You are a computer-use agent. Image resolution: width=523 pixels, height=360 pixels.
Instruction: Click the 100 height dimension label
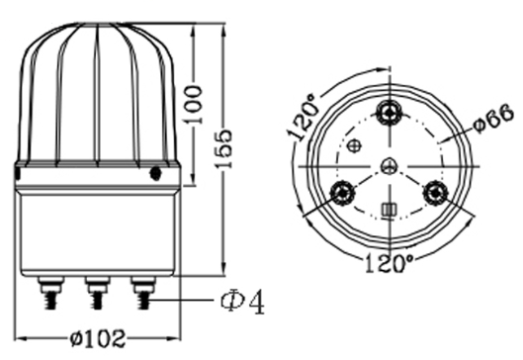coord(194,105)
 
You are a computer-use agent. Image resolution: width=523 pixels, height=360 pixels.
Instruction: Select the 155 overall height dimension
coord(223,148)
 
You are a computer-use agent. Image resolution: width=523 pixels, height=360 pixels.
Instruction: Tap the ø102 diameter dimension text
coord(99,338)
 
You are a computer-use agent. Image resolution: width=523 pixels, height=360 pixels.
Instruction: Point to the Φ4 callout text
coord(243,302)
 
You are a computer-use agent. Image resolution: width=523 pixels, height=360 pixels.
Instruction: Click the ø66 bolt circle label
coord(494,118)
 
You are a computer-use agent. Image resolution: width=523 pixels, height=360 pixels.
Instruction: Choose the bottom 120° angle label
coord(389,263)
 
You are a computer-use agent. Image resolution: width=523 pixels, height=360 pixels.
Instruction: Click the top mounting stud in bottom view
coord(390,113)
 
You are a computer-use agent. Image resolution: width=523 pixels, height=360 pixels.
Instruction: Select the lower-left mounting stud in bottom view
coord(342,193)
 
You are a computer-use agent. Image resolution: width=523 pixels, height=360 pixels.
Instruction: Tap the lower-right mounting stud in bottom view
coord(435,193)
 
